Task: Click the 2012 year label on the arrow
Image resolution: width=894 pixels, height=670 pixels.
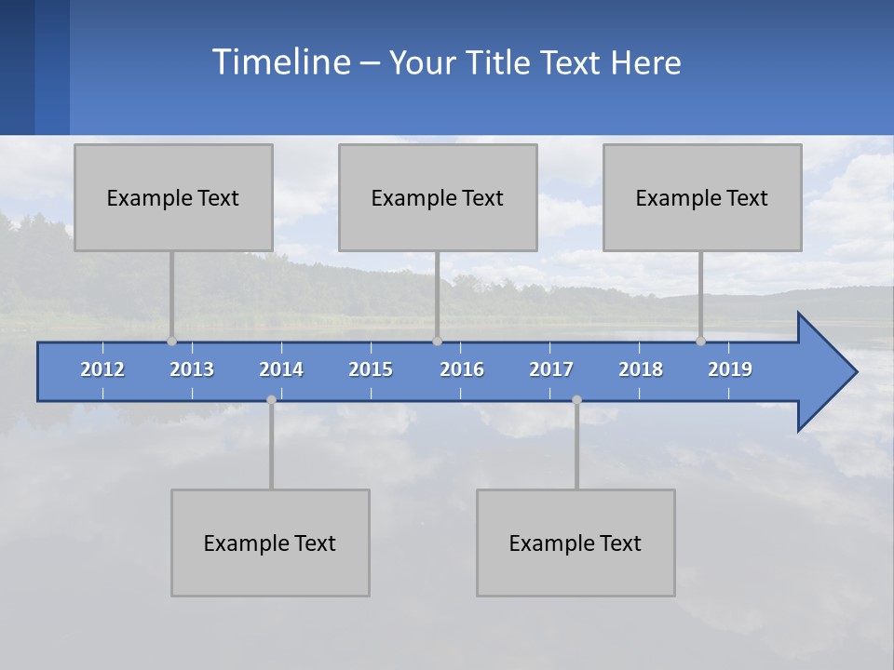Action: [x=102, y=369]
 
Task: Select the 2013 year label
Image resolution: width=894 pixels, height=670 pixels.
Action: [x=192, y=369]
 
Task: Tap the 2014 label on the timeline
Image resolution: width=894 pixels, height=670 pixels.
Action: [x=281, y=369]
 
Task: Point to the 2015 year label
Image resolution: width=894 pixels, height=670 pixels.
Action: [x=371, y=369]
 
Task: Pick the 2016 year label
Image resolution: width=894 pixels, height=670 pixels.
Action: [x=462, y=369]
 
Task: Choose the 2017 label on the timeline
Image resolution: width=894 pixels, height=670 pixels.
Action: [x=551, y=369]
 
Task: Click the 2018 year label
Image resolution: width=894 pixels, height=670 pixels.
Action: [x=641, y=369]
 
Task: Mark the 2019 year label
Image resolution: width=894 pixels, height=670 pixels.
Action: [x=730, y=369]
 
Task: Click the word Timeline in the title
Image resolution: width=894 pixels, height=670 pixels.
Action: [x=280, y=62]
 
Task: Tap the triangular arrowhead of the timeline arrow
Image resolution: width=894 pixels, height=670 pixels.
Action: [x=824, y=372]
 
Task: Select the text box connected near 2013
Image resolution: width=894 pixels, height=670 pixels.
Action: [x=173, y=197]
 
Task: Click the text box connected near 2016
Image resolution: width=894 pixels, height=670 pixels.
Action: [x=438, y=197]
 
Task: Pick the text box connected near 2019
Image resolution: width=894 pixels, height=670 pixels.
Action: [x=702, y=197]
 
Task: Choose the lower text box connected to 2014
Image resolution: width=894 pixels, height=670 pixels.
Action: [x=270, y=543]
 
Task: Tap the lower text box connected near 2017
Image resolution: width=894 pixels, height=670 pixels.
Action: [x=576, y=543]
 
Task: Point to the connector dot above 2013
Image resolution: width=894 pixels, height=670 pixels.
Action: [x=171, y=341]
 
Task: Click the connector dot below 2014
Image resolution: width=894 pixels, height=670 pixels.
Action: [x=271, y=399]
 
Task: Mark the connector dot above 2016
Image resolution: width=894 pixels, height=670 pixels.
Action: [x=437, y=341]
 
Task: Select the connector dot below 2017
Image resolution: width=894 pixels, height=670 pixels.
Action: [x=576, y=399]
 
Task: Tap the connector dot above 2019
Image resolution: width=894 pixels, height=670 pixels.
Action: [x=700, y=341]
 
